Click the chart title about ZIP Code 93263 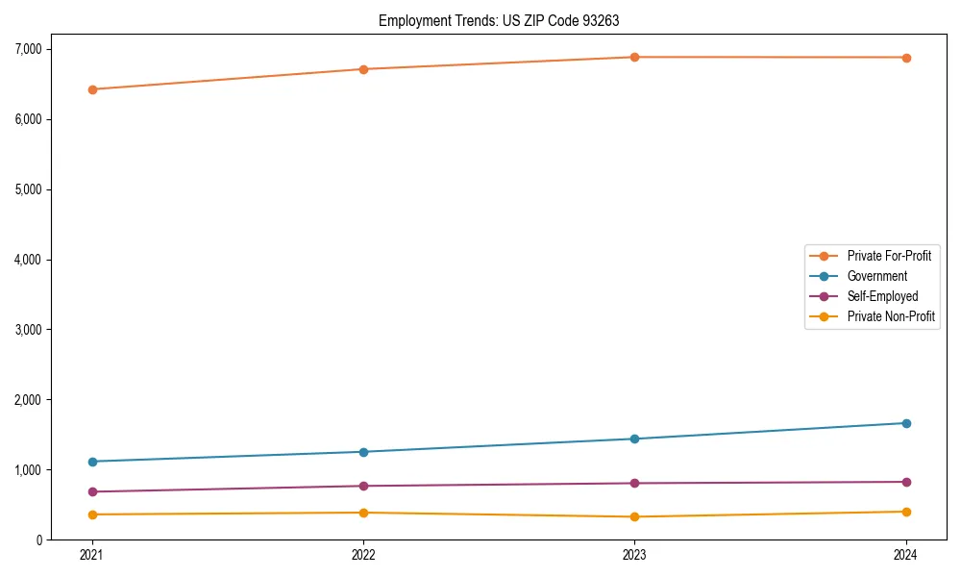pyautogui.click(x=505, y=20)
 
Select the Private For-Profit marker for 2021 pyautogui.click(x=92, y=89)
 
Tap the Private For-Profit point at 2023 pyautogui.click(x=634, y=57)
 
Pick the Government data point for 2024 pyautogui.click(x=906, y=423)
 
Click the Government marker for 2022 pyautogui.click(x=363, y=452)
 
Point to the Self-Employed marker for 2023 pyautogui.click(x=634, y=483)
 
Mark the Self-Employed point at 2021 pyautogui.click(x=92, y=491)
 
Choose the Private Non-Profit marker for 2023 pyautogui.click(x=634, y=516)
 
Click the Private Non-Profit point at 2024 pyautogui.click(x=906, y=512)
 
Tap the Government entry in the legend pyautogui.click(x=876, y=276)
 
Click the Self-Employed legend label pyautogui.click(x=882, y=296)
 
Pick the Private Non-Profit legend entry pyautogui.click(x=891, y=316)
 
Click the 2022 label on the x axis pyautogui.click(x=363, y=555)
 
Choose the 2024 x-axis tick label pyautogui.click(x=906, y=555)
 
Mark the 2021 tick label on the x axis pyautogui.click(x=92, y=555)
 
